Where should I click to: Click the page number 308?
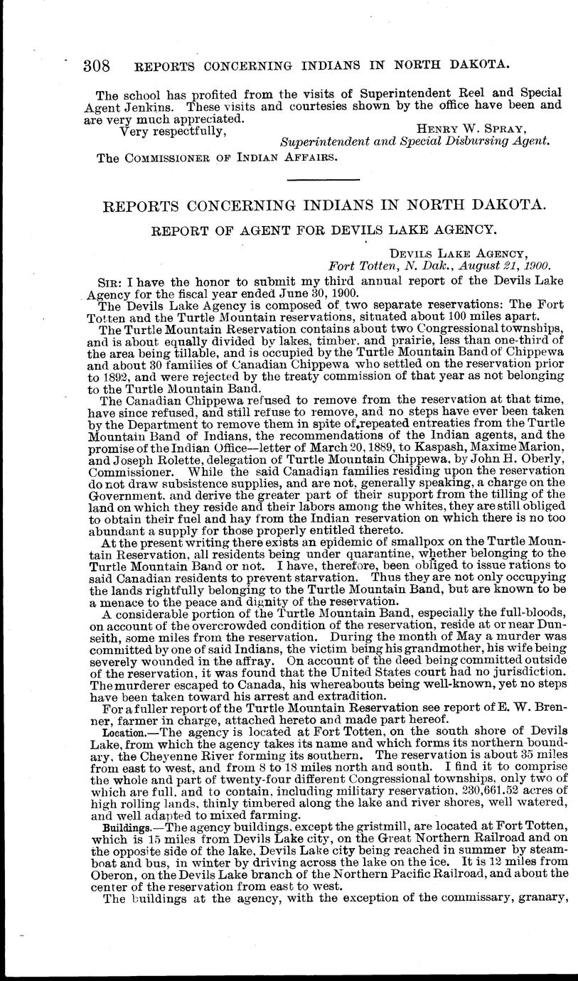pos(97,66)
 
